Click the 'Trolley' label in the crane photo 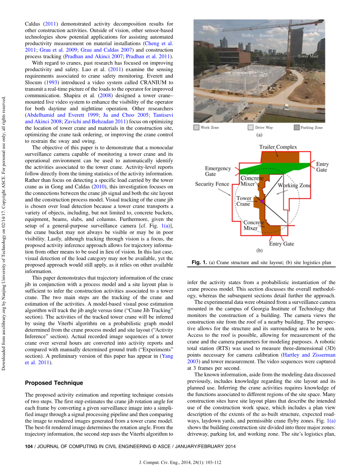(x=248, y=35)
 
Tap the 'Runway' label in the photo (x=266, y=35)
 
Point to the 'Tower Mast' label (x=308, y=56)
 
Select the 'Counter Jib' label (x=313, y=30)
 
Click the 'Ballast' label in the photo (x=308, y=38)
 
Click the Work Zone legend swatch (x=196, y=127)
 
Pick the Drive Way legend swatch (x=250, y=127)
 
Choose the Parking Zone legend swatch (x=296, y=127)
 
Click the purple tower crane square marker (x=262, y=202)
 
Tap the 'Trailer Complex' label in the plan (x=278, y=147)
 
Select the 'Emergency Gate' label (x=218, y=171)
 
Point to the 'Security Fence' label (x=212, y=184)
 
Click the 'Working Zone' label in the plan (x=294, y=185)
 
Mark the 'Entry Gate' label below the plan (x=281, y=244)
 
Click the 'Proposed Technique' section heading (x=54, y=383)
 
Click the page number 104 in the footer (x=28, y=446)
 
